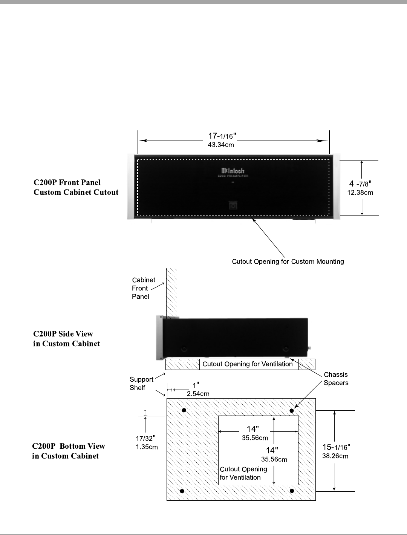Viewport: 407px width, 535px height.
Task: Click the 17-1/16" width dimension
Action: coord(222,136)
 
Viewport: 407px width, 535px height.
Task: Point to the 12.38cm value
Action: coord(360,193)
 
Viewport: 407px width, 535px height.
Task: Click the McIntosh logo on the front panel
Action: coord(232,171)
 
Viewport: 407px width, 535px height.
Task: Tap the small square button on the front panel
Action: coord(233,206)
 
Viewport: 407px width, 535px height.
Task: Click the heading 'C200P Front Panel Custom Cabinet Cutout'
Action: coord(76,187)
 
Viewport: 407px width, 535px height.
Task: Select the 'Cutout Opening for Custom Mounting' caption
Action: coord(288,261)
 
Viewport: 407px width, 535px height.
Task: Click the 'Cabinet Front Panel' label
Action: coord(143,288)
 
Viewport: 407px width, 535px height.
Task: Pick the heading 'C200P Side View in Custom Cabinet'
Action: coord(67,339)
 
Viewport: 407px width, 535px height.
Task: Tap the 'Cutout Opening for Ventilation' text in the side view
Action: coord(247,364)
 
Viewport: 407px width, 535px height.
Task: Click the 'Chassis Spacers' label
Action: coord(336,379)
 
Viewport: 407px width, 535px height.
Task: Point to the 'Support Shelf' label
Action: coord(141,384)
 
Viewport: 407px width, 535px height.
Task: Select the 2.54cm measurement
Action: coord(198,394)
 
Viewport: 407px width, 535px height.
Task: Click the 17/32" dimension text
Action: coord(146,438)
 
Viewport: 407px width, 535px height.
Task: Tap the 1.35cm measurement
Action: coord(147,447)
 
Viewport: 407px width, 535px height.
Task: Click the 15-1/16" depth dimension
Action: coord(336,447)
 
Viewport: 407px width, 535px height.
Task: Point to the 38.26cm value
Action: coord(335,456)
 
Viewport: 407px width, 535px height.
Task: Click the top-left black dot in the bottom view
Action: coord(184,410)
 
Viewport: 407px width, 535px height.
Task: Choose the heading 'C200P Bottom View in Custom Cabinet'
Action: coord(68,451)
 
